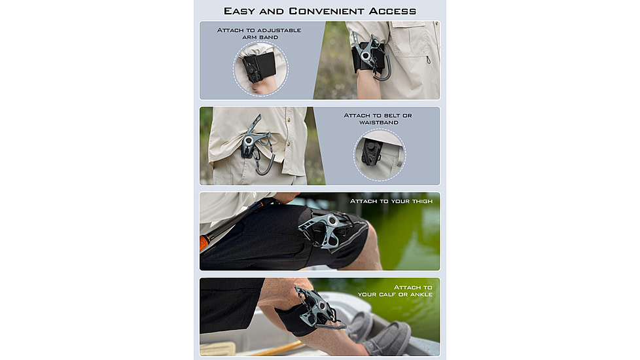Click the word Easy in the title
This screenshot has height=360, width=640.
[240, 11]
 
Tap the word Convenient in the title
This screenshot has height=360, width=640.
[327, 11]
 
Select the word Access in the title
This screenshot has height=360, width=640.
[392, 11]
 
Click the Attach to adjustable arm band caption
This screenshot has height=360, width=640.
[259, 33]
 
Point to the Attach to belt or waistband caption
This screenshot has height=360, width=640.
[378, 118]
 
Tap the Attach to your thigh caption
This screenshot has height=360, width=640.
[391, 201]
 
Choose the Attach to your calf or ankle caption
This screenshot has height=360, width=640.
[395, 291]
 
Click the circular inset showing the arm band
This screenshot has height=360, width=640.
[260, 69]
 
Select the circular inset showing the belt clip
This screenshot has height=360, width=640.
[379, 154]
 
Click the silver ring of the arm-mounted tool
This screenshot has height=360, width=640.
[366, 56]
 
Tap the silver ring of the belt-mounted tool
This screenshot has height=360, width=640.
[249, 141]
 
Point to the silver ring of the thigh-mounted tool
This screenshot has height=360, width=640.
[332, 221]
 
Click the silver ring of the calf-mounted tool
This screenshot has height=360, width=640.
[323, 306]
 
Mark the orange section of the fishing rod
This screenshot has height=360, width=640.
[204, 242]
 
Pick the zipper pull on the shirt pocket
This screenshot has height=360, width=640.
[428, 60]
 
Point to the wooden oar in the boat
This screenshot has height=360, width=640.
[274, 350]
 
